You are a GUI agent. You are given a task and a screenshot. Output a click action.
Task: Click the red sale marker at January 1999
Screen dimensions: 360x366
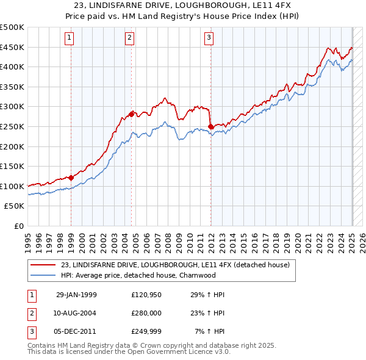pos(71,178)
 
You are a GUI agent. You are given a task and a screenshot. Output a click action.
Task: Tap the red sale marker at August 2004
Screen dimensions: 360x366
pos(131,114)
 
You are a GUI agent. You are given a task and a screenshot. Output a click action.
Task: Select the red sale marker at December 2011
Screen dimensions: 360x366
pos(210,126)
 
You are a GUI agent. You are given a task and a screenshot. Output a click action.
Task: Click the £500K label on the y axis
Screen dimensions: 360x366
pos(12,27)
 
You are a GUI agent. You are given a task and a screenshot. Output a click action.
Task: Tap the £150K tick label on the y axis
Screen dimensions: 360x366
pos(12,167)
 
